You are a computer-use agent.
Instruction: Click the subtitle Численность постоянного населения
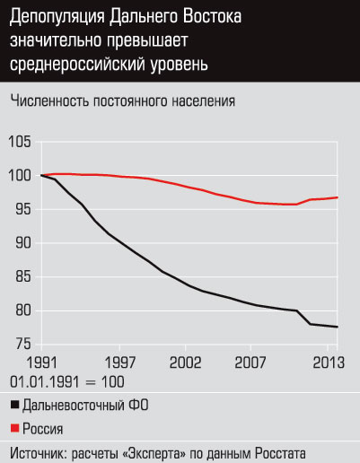point(123,100)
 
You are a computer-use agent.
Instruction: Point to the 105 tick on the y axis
point(21,141)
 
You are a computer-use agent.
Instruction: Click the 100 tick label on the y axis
point(21,175)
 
